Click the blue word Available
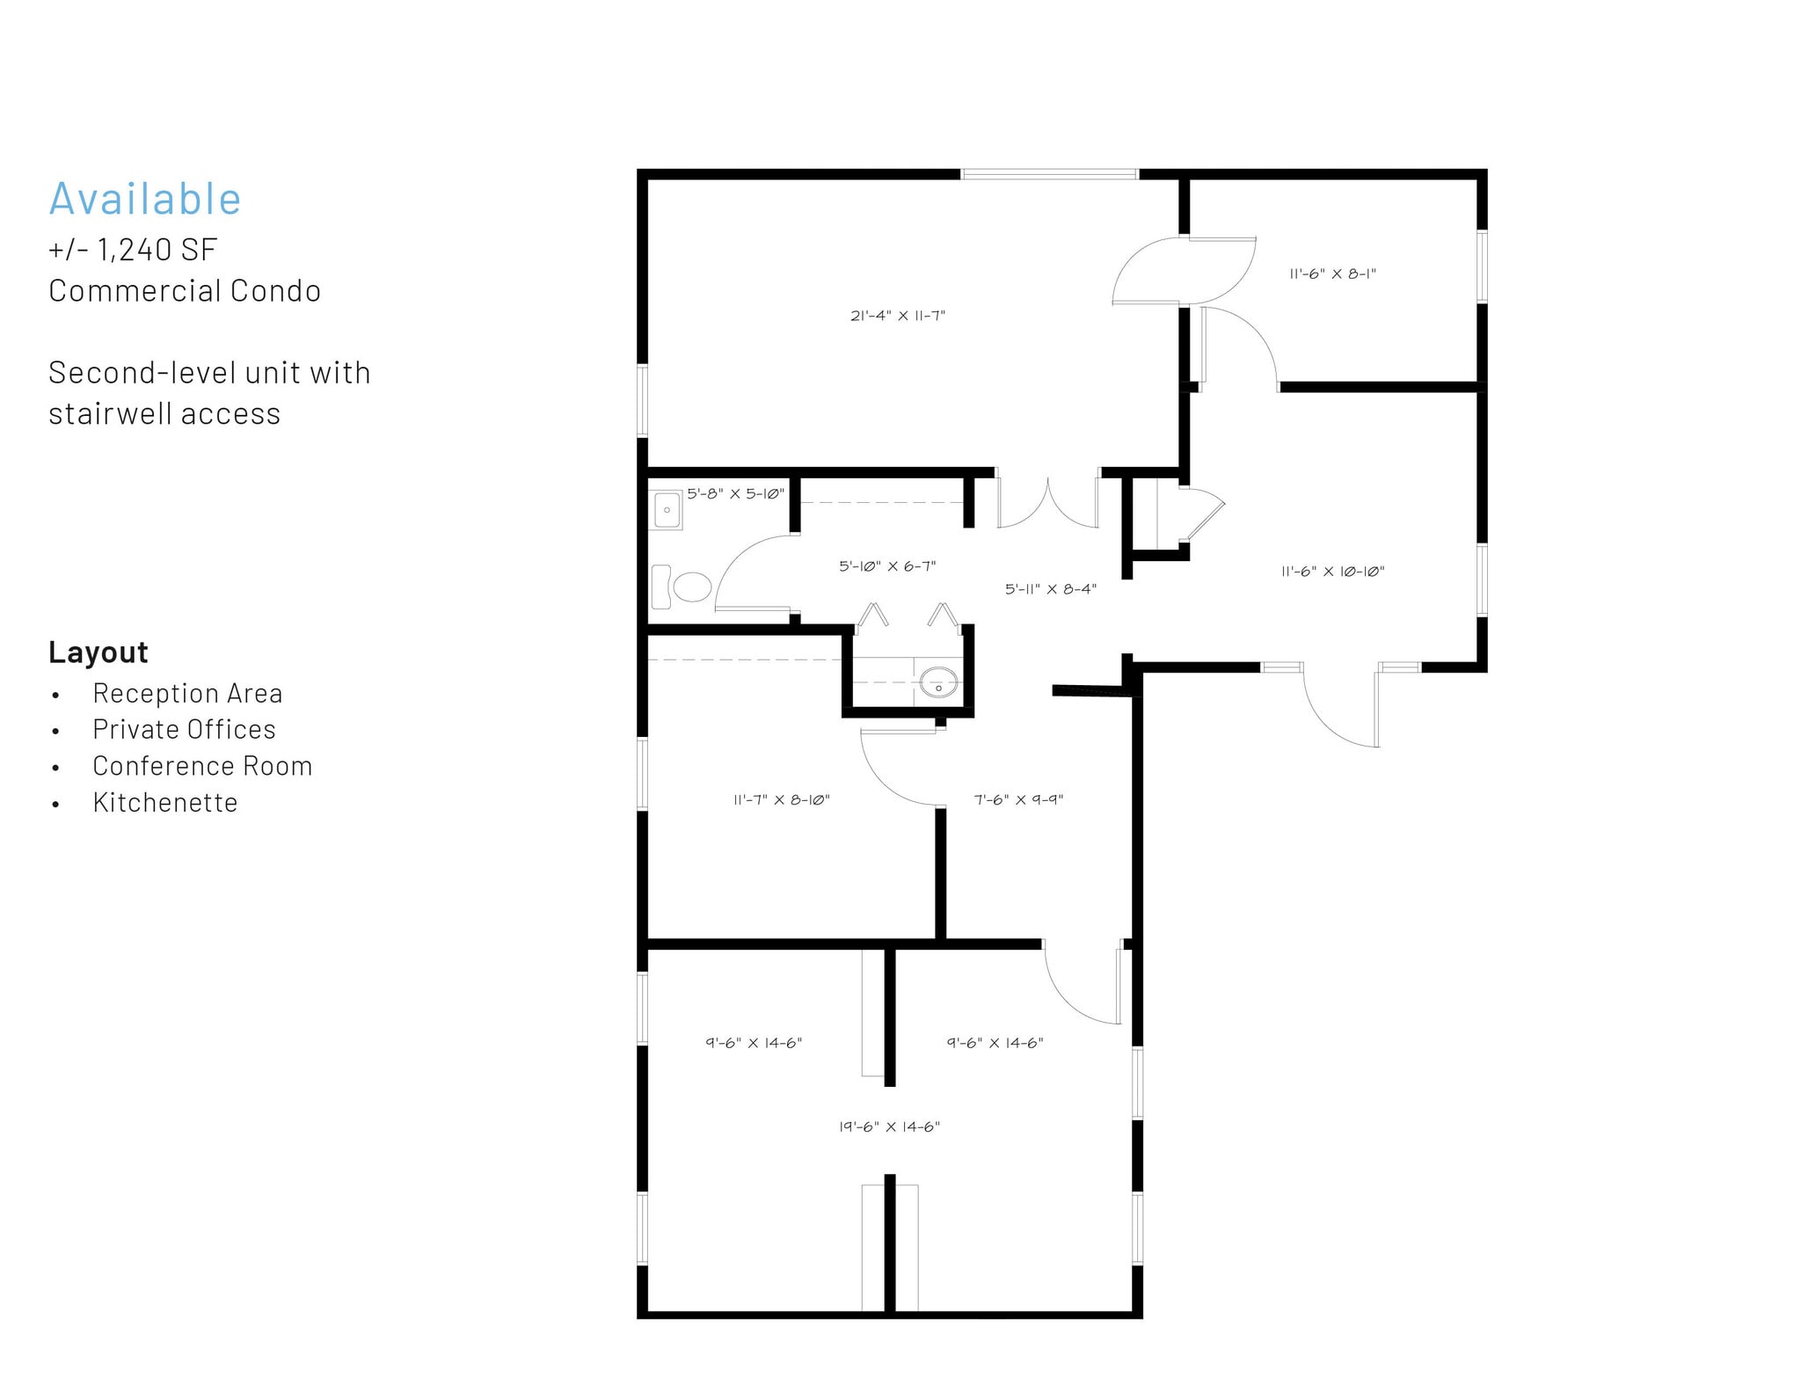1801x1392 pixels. click(x=145, y=199)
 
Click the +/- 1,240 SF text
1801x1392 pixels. click(x=133, y=250)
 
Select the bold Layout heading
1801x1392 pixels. click(x=98, y=652)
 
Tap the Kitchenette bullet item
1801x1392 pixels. click(x=165, y=802)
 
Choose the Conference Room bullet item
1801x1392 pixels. click(x=202, y=766)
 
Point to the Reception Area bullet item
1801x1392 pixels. click(x=187, y=693)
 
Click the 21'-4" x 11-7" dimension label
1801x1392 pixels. click(x=898, y=316)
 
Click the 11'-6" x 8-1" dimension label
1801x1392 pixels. click(x=1332, y=273)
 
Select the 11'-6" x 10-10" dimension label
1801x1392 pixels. click(x=1332, y=572)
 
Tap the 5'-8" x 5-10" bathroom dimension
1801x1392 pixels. click(x=735, y=494)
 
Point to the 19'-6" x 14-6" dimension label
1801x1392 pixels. click(x=889, y=1126)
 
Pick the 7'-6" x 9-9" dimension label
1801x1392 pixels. click(x=1018, y=799)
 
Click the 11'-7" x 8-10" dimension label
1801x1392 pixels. click(x=782, y=799)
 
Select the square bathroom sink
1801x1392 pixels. click(x=667, y=510)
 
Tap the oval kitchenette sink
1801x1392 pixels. click(x=938, y=682)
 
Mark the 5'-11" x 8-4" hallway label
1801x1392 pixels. click(x=1051, y=589)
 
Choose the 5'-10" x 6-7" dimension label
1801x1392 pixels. click(x=887, y=566)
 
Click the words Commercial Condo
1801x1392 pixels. click(x=185, y=291)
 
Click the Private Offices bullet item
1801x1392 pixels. click(x=185, y=729)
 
